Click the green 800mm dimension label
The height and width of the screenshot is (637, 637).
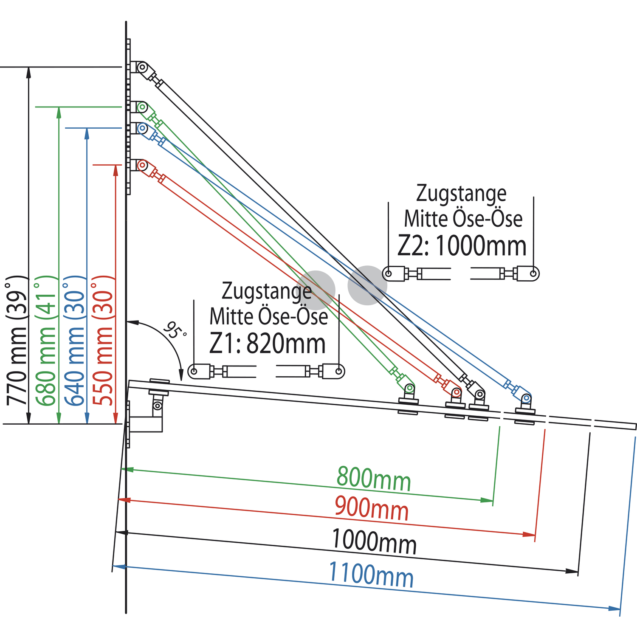pos(374,479)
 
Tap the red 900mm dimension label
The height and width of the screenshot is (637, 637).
pos(372,508)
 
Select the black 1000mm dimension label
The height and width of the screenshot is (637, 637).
pos(374,541)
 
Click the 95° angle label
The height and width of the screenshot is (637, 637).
pos(175,331)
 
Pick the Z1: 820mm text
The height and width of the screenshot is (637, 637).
pos(268,344)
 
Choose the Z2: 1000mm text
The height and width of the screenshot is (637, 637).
pos(462,246)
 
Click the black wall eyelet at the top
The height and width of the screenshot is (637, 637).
pos(143,67)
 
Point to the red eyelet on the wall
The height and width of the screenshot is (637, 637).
pos(142,165)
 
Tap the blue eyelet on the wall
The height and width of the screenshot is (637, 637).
pos(142,128)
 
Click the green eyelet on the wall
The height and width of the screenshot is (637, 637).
pos(142,107)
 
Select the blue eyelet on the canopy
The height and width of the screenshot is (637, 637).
pos(526,399)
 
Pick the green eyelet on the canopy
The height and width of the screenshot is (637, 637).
pos(409,388)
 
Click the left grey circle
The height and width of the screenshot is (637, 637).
pos(316,290)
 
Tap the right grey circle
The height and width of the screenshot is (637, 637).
pos(367,285)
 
